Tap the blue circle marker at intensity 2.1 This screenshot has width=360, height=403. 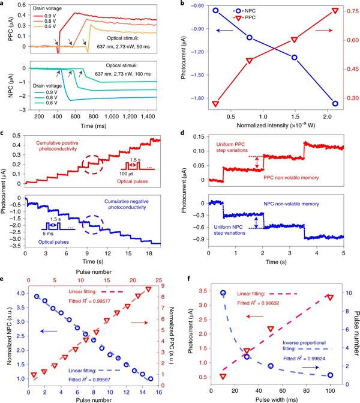pyautogui.click(x=335, y=103)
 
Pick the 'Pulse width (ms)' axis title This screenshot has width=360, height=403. pyautogui.click(x=276, y=396)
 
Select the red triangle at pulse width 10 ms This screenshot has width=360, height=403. pyautogui.click(x=223, y=377)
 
